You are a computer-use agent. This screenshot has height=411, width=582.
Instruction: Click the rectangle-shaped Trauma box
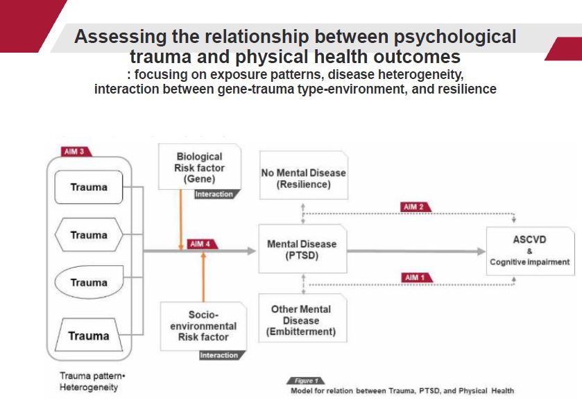pyautogui.click(x=89, y=187)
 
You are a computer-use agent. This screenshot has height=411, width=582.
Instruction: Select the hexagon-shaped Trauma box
pyautogui.click(x=89, y=236)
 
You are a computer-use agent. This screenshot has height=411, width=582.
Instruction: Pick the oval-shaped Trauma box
pyautogui.click(x=89, y=283)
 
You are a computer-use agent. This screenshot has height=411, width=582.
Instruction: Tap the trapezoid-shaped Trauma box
pyautogui.click(x=89, y=336)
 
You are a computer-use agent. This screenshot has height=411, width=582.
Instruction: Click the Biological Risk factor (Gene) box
pyautogui.click(x=200, y=167)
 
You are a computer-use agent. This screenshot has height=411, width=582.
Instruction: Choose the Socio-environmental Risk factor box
pyautogui.click(x=203, y=326)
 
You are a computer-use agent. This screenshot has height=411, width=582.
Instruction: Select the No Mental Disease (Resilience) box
pyautogui.click(x=303, y=179)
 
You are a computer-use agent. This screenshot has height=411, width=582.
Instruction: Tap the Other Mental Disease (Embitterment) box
pyautogui.click(x=301, y=320)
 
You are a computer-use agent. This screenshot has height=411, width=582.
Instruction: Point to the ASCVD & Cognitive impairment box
pyautogui.click(x=530, y=250)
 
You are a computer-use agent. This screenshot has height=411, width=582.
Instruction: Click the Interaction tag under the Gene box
pyautogui.click(x=214, y=194)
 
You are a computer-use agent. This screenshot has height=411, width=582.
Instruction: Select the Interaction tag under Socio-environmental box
pyautogui.click(x=219, y=356)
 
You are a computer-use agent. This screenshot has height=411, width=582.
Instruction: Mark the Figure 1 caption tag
pyautogui.click(x=305, y=381)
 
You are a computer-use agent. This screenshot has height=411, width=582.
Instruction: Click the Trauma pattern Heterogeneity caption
pyautogui.click(x=88, y=381)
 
